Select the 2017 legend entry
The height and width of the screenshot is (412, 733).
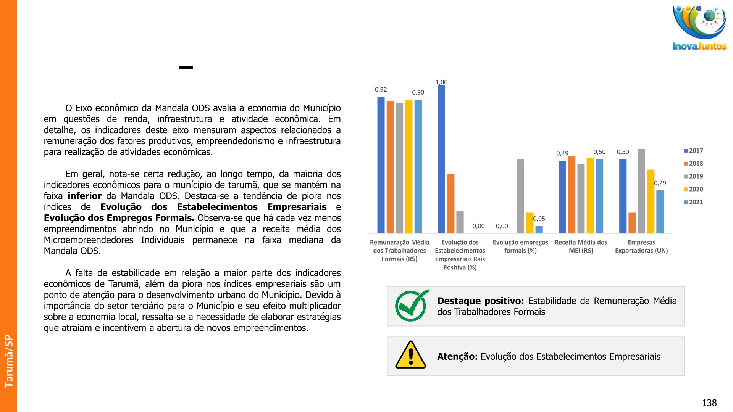693,151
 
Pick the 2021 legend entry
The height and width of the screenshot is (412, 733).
693,202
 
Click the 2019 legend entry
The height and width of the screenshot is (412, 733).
693,176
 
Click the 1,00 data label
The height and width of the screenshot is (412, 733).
441,82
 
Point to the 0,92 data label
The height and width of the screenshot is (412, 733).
381,90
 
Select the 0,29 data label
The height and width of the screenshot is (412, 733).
660,183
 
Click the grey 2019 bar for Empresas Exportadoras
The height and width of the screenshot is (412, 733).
641,191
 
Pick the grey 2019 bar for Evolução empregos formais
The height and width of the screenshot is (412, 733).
520,196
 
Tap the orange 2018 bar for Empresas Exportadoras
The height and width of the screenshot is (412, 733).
632,223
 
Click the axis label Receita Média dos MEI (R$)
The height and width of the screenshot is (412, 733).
581,246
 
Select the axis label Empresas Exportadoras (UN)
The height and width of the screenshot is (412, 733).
641,246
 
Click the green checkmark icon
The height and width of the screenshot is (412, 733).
412,306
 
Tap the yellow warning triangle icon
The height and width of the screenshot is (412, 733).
410,355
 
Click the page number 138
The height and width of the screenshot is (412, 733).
709,403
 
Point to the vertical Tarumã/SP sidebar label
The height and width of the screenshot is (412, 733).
9,361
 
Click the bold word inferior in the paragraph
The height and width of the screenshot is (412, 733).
84,196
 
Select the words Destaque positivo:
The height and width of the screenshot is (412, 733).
480,301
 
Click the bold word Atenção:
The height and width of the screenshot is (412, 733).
457,357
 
